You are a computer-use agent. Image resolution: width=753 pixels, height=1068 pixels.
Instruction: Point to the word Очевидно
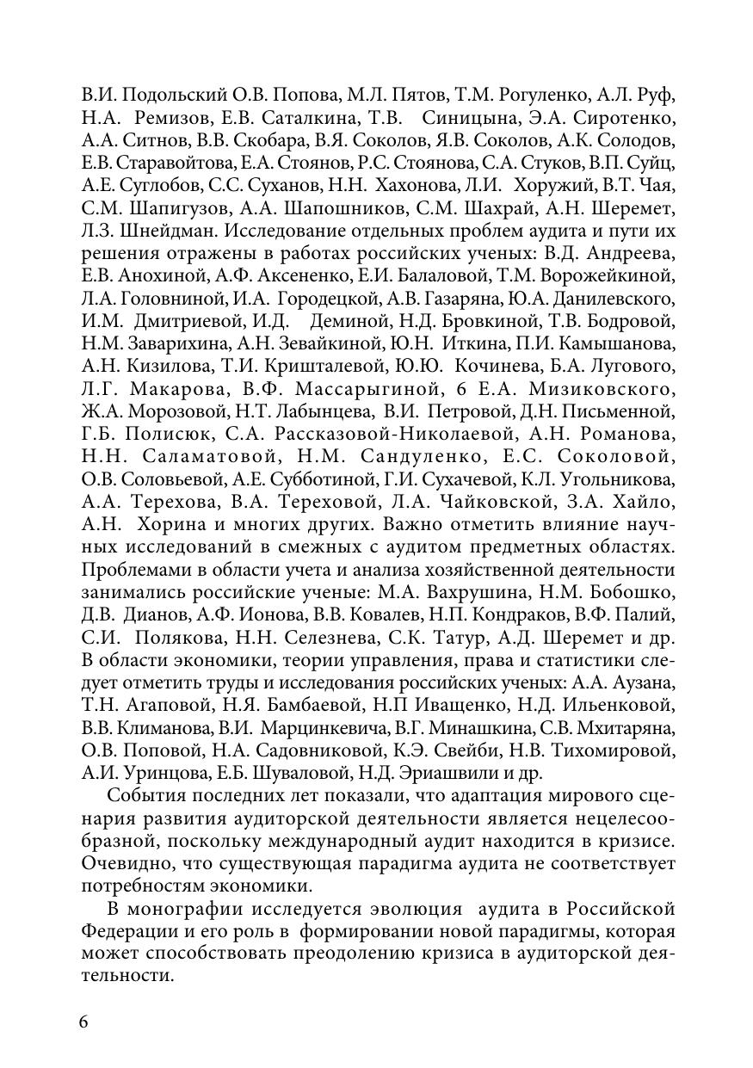[121, 862]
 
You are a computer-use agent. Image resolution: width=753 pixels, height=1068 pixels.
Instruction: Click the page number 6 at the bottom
[83, 1022]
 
